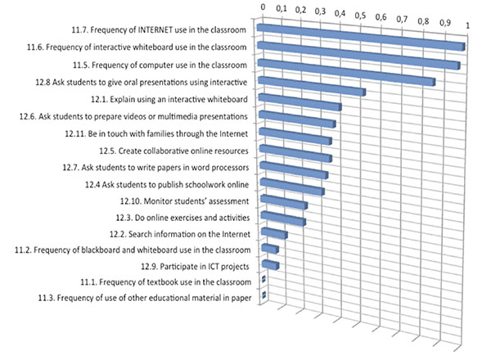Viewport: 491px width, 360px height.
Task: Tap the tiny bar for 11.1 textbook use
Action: (263, 281)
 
